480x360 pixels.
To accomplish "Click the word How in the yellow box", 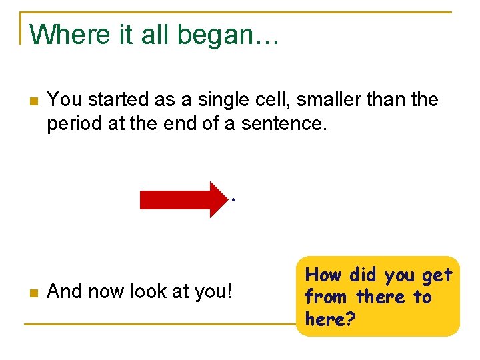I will tap(323, 275).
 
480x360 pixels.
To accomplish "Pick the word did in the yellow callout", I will tap(363, 275).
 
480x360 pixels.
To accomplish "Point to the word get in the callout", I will tap(437, 275).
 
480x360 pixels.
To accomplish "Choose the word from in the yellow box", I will tap(327, 297).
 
